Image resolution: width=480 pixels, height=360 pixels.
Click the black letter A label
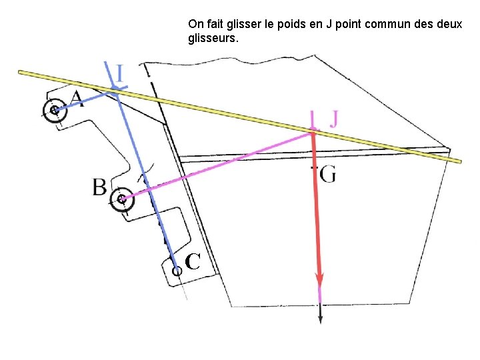coord(77,99)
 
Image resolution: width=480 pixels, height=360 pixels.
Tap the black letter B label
coord(99,187)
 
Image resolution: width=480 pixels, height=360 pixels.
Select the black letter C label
coord(193,262)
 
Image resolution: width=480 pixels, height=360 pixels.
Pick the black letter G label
coord(327,175)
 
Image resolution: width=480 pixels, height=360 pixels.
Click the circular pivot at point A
coord(53,111)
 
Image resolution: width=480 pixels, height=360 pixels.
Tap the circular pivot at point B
coord(121,199)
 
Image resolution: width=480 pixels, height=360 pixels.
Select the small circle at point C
coord(177,271)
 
